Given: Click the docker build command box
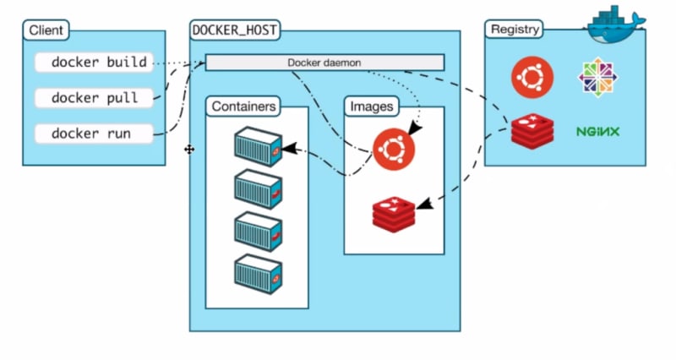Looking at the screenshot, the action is tap(94, 62).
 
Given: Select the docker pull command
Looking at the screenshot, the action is tap(94, 98).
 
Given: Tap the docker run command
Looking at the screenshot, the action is tap(94, 134).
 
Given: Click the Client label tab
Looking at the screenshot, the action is tap(46, 30).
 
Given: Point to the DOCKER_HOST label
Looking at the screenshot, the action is tap(235, 30).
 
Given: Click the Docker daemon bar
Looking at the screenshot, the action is tap(324, 63).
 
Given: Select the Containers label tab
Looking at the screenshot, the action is tap(243, 106).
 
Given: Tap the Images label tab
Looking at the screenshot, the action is tap(372, 106).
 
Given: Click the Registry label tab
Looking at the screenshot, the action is tap(515, 30).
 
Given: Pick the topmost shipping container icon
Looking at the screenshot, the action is tap(259, 146).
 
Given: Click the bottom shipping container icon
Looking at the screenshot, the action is tap(259, 274).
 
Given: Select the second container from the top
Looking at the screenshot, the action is tap(259, 189).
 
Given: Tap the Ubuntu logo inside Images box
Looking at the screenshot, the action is tap(394, 150).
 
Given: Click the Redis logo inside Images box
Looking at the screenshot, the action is tap(394, 215).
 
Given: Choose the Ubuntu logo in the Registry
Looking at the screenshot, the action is tap(532, 78).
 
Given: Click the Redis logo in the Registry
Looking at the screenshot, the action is tap(532, 132).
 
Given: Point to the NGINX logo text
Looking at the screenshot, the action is tap(598, 132).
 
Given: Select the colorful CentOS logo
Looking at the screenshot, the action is tap(597, 78).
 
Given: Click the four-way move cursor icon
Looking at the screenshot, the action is tap(189, 150).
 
